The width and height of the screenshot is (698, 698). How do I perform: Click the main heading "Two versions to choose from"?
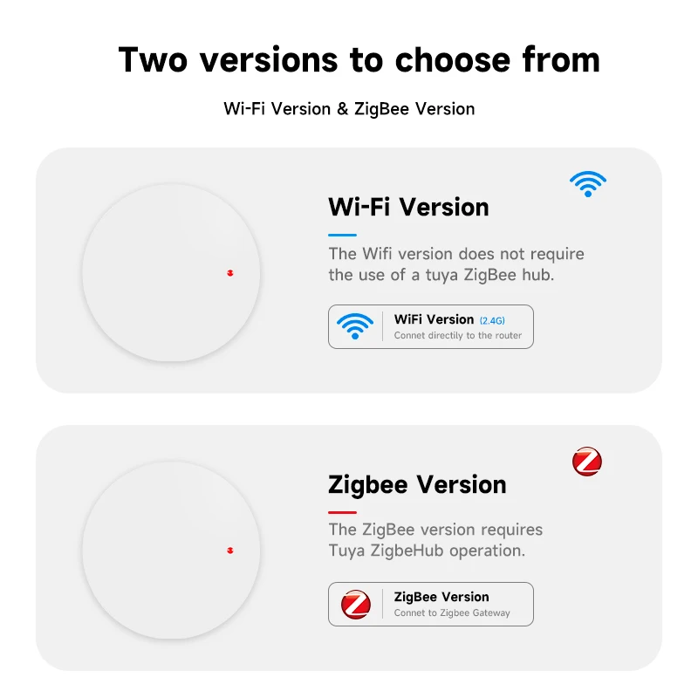(x=359, y=59)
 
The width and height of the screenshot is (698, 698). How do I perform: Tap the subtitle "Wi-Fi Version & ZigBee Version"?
(x=349, y=109)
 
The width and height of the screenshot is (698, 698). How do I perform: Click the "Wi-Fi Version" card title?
(x=408, y=207)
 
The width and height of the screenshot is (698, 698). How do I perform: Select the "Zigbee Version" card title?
(x=417, y=485)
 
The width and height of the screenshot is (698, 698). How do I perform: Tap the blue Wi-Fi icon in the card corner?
(x=587, y=184)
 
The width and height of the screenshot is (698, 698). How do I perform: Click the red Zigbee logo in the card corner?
(x=587, y=462)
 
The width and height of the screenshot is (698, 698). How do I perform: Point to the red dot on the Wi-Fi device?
(x=230, y=273)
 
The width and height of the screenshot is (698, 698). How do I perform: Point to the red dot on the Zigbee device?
(x=230, y=551)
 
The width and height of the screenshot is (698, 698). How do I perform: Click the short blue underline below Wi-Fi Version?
(x=342, y=235)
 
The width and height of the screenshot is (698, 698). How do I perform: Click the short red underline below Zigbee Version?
(x=342, y=513)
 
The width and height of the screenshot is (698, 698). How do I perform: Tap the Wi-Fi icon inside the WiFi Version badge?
(x=355, y=326)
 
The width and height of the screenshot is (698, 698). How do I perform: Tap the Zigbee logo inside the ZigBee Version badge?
(x=356, y=604)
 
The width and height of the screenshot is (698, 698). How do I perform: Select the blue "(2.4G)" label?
(x=492, y=320)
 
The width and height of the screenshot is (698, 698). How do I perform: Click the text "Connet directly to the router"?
(x=457, y=335)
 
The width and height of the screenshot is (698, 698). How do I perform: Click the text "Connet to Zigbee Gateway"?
(x=452, y=613)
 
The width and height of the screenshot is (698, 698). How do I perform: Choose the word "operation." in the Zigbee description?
(x=487, y=551)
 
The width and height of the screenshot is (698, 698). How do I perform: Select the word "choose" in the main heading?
(x=452, y=59)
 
